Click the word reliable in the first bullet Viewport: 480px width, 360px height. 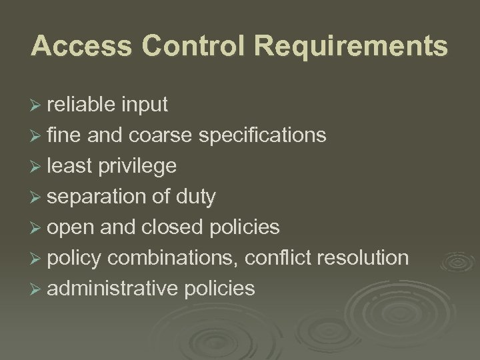83,105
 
